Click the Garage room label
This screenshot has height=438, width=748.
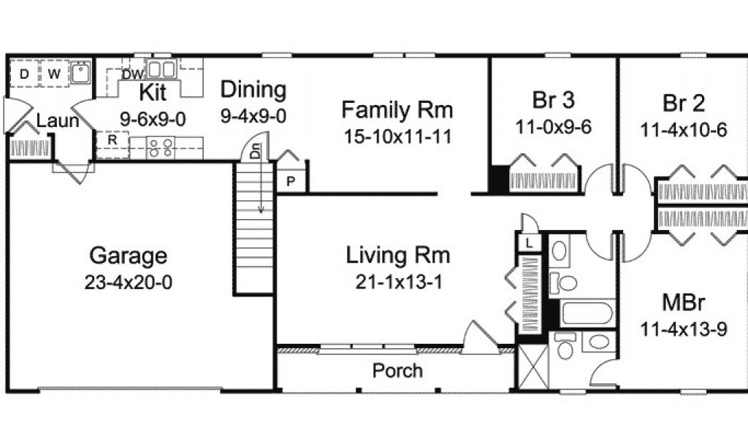pyautogui.click(x=128, y=256)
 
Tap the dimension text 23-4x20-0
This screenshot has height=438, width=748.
pyautogui.click(x=129, y=283)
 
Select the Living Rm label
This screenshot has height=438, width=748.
pyautogui.click(x=398, y=255)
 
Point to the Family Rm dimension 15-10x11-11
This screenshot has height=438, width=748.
pyautogui.click(x=397, y=137)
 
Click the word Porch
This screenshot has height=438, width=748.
pyautogui.click(x=397, y=371)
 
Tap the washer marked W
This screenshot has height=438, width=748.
pyautogui.click(x=54, y=74)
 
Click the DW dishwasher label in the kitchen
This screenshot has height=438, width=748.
pyautogui.click(x=133, y=74)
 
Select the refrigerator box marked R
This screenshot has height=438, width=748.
pyautogui.click(x=112, y=145)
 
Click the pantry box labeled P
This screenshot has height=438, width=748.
pyautogui.click(x=291, y=181)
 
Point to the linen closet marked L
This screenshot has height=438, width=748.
pyautogui.click(x=529, y=243)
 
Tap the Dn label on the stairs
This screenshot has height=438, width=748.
pyautogui.click(x=256, y=151)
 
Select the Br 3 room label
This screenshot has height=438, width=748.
pyautogui.click(x=554, y=100)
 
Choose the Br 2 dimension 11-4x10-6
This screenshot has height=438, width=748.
pyautogui.click(x=684, y=130)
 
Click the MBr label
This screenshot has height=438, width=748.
pyautogui.click(x=684, y=303)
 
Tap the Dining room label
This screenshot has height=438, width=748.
pyautogui.click(x=253, y=90)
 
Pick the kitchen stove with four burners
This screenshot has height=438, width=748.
pyautogui.click(x=160, y=147)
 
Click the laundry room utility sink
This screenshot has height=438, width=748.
pyautogui.click(x=80, y=73)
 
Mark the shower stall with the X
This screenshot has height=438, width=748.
pyautogui.click(x=533, y=366)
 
